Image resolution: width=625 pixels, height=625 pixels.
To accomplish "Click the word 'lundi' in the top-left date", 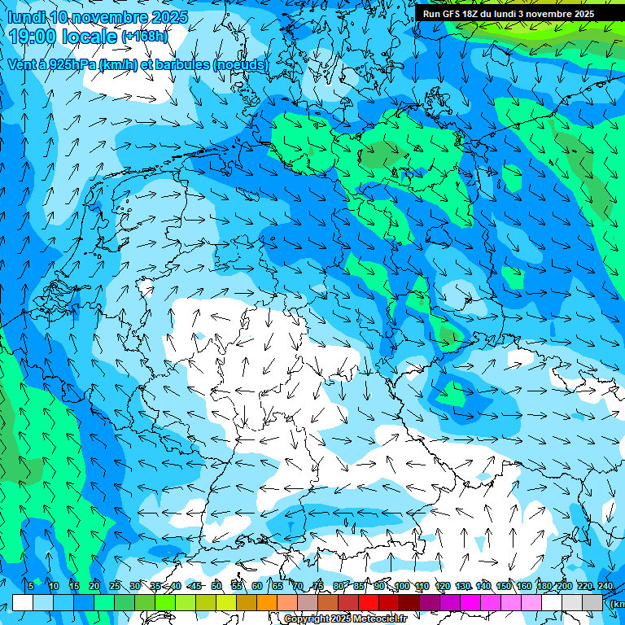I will (x=25, y=17).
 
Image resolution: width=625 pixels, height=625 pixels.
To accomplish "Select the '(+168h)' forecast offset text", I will (x=145, y=36).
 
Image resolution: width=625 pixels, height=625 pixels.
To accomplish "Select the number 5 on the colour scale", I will (x=30, y=587).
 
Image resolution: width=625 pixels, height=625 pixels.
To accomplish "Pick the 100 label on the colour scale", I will (x=401, y=587).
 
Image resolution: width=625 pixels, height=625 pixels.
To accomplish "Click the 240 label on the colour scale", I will (x=605, y=587).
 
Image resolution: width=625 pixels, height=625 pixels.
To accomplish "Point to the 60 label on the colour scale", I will (x=256, y=587).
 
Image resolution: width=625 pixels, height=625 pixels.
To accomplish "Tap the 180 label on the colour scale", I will (x=544, y=587).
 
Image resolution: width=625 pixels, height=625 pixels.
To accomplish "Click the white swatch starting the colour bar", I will (x=23, y=603).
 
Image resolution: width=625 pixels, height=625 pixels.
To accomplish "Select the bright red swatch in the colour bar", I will (x=369, y=603).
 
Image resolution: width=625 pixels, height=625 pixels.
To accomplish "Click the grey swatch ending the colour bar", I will (x=592, y=603).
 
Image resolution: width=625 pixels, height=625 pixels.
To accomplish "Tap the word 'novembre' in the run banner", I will (x=553, y=14).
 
